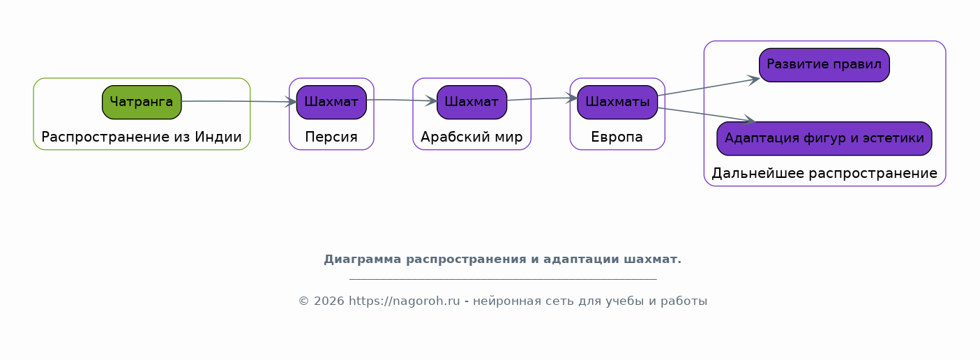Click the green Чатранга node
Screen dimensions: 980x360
142,102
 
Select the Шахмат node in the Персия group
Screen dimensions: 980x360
331,102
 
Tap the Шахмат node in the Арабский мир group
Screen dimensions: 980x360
472,102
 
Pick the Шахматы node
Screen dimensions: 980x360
617,102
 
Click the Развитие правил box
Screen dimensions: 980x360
824,65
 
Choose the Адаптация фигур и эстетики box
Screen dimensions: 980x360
824,138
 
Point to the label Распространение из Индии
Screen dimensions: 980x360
142,137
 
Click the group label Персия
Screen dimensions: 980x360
331,137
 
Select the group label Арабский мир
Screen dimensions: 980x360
472,137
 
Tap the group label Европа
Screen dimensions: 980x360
617,137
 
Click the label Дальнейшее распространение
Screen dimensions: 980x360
824,173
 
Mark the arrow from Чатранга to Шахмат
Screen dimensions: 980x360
239,101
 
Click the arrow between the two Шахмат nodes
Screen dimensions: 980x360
402,100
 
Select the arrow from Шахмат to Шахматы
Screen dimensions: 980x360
543,99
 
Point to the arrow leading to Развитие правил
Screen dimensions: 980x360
709,87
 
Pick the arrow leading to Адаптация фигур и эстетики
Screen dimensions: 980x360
707,114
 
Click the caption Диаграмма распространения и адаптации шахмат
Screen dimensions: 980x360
503,260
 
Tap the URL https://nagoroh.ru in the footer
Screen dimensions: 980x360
405,301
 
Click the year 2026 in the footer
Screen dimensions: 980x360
329,301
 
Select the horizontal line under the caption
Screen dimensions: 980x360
503,278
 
